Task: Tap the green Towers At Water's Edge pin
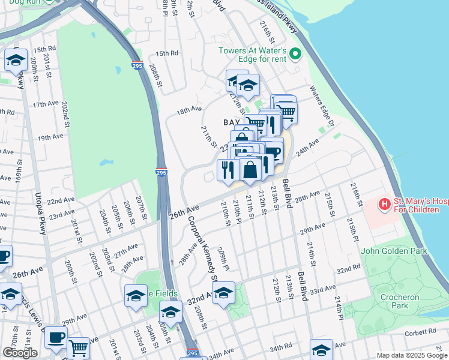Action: click(x=295, y=55)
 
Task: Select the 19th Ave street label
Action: click(x=50, y=137)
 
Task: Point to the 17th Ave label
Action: click(x=46, y=104)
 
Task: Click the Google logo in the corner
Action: click(x=20, y=353)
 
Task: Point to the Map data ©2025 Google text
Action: click(x=412, y=355)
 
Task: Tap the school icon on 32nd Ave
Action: click(x=223, y=293)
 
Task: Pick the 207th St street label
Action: click(x=141, y=206)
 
